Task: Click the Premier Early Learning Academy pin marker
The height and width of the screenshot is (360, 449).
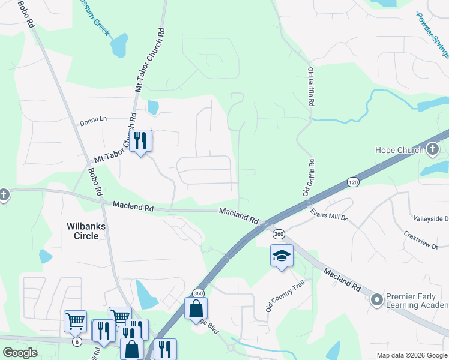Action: (377, 299)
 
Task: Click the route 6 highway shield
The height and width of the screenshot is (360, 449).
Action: (77, 342)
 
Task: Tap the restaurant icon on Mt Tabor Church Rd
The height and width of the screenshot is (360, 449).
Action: (140, 142)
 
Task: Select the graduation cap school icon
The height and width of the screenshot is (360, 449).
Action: (282, 256)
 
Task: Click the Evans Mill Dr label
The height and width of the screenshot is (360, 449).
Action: (328, 215)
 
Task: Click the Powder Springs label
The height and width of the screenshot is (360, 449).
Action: (433, 34)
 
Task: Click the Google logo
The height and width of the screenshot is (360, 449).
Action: (20, 353)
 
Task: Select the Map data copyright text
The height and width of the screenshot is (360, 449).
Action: (412, 355)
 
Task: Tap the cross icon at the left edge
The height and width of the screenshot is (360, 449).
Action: (4, 195)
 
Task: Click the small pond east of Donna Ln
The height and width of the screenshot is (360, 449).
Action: (152, 107)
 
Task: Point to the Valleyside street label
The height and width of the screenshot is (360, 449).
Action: (430, 219)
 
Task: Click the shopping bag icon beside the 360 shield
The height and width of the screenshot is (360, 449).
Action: (196, 309)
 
